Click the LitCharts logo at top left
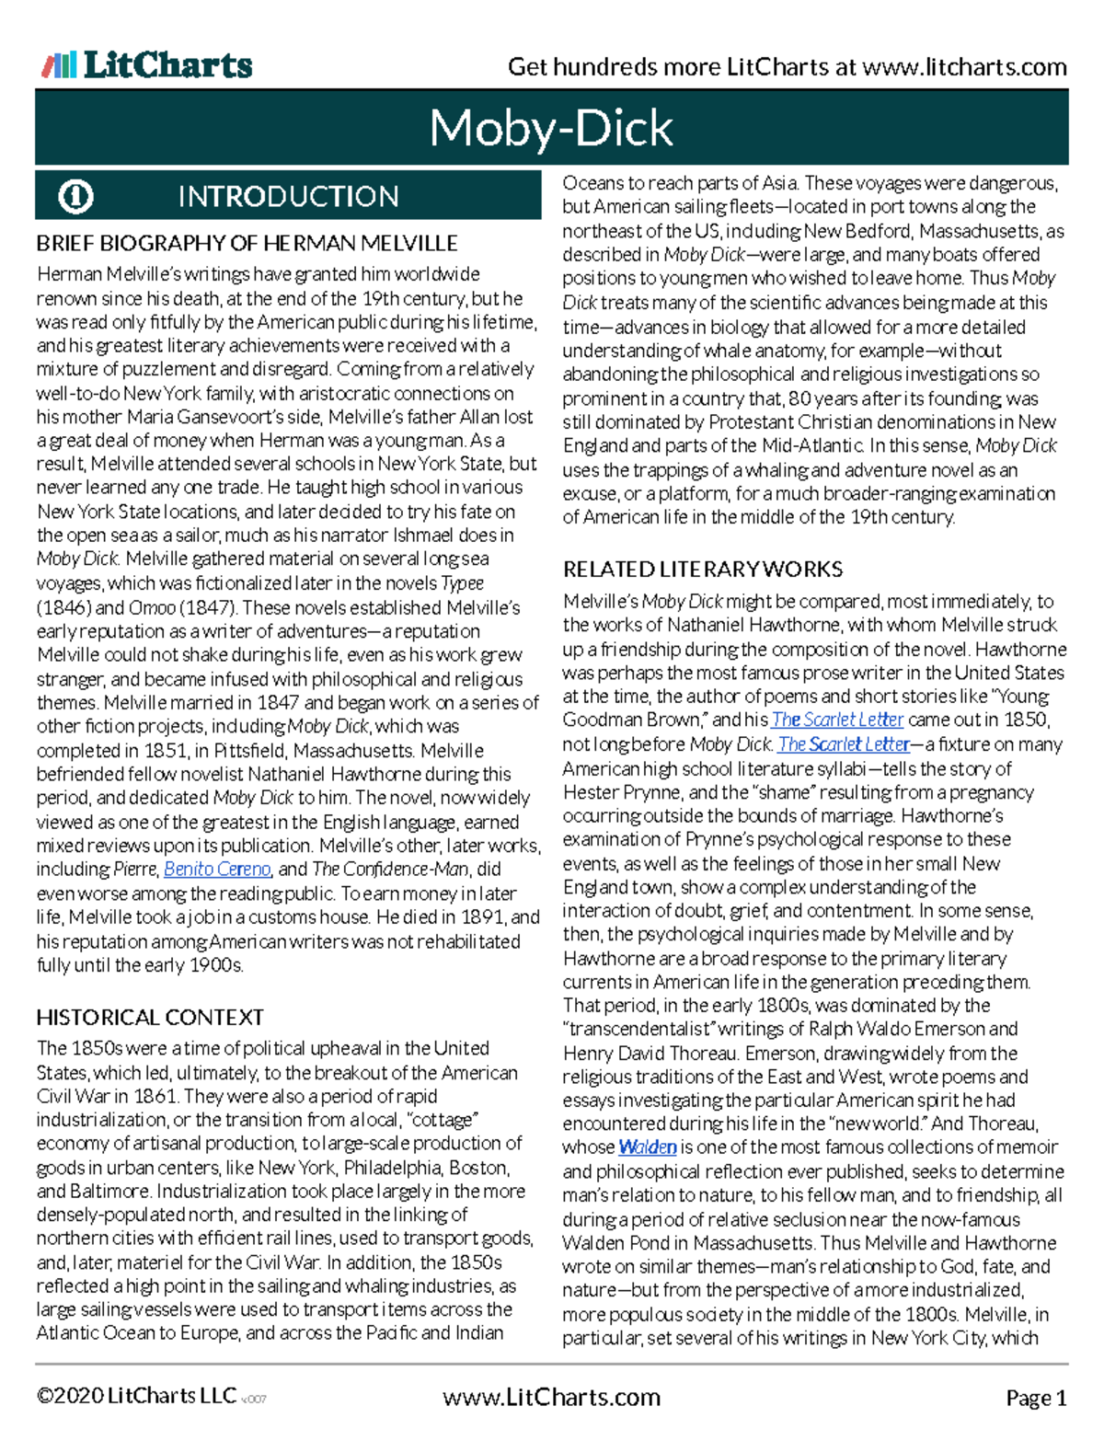(147, 64)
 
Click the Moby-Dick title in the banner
(551, 127)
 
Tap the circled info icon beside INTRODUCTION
(75, 196)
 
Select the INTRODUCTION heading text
(288, 196)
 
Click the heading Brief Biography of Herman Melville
(247, 243)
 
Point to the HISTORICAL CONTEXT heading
(150, 1017)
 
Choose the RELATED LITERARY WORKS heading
(703, 569)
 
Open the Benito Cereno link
(217, 869)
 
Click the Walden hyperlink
(648, 1147)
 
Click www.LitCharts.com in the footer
(551, 1397)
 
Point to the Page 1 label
(1036, 1398)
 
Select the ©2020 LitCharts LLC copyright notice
(136, 1396)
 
